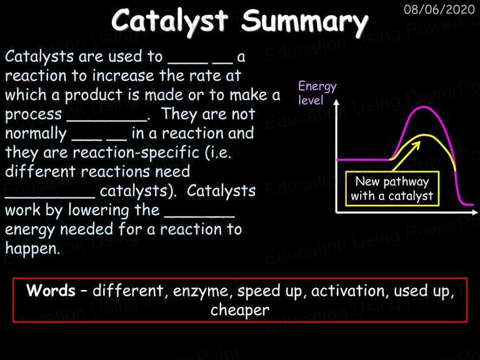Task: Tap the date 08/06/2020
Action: (x=439, y=9)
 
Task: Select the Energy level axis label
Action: (x=317, y=92)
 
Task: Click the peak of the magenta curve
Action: (x=424, y=107)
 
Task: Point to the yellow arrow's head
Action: (x=417, y=144)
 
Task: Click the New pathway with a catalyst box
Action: (x=392, y=188)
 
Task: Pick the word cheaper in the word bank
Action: (x=240, y=310)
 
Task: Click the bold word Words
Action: (x=51, y=290)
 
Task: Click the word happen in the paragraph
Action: (x=31, y=249)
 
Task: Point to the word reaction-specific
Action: (x=136, y=152)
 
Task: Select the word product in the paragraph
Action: (x=94, y=95)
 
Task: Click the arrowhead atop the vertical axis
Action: (x=336, y=102)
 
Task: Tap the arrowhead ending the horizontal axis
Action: (x=474, y=212)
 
